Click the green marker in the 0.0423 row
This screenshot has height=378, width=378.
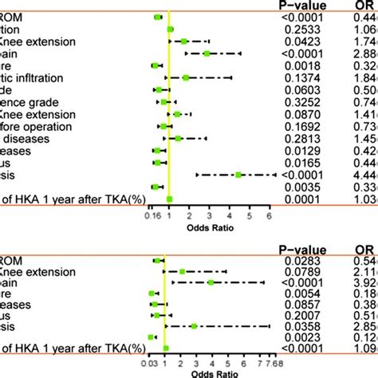(184, 41)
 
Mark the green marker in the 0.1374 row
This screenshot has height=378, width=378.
(186, 77)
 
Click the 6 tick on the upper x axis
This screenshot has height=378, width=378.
(270, 215)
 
